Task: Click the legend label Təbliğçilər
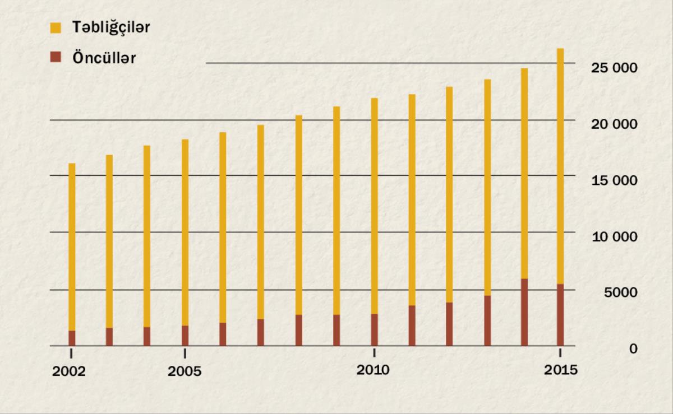110,27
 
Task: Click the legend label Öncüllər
104,58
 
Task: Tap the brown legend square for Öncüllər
56,57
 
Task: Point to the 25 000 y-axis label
614,68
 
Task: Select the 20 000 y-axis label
614,124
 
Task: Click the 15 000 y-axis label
614,180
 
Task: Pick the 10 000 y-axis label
614,236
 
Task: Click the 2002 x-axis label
69,372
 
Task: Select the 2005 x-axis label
185,372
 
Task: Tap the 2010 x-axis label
374,370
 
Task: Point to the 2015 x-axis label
561,370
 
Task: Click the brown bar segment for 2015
560,315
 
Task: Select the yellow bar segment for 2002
72,246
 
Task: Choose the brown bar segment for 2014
524,312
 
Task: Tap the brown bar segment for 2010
374,330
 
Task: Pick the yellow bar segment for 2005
185,232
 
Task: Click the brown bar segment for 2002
72,338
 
